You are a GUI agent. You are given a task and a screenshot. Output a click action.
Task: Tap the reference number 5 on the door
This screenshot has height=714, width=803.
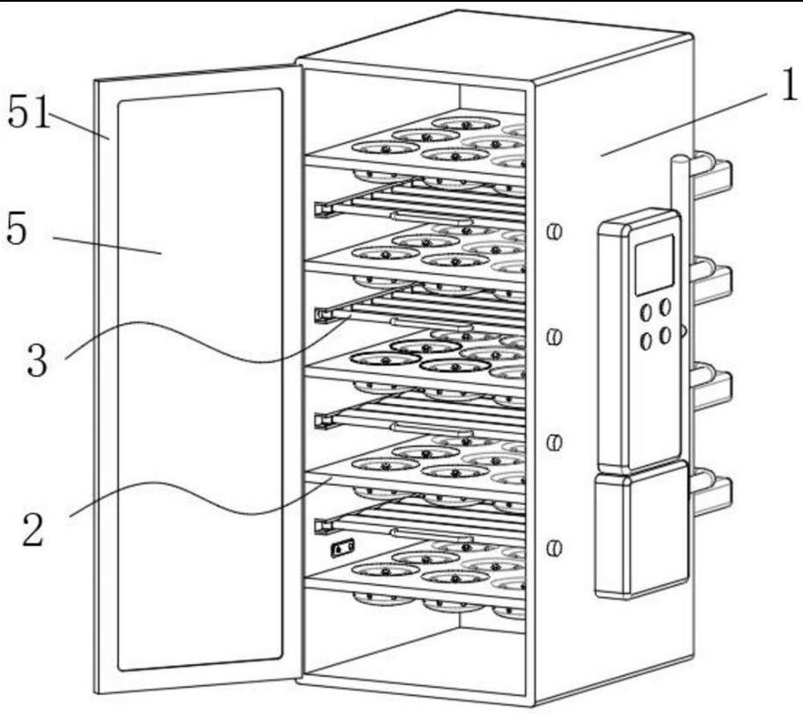pyautogui.click(x=19, y=230)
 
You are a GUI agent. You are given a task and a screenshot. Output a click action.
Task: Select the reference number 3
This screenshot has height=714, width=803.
pyautogui.click(x=36, y=359)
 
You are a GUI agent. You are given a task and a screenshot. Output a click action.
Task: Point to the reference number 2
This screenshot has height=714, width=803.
pyautogui.click(x=32, y=529)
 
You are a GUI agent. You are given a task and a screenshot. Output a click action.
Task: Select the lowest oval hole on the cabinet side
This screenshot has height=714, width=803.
pyautogui.click(x=554, y=549)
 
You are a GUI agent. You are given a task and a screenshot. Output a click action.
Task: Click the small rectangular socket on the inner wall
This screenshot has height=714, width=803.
pyautogui.click(x=341, y=549)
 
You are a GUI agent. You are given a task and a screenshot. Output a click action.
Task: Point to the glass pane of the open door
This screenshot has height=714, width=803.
pyautogui.click(x=200, y=378)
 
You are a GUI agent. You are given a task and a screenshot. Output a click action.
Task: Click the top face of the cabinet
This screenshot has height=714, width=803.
pyautogui.click(x=491, y=48)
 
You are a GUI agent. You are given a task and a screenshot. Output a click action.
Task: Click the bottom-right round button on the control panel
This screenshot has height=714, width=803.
pyautogui.click(x=665, y=335)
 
